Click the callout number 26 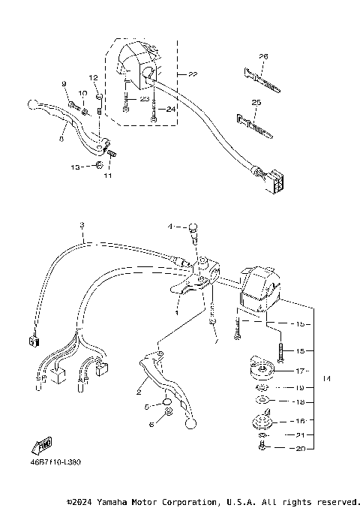(x=263, y=56)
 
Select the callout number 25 (x=256, y=101)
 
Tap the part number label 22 (x=193, y=75)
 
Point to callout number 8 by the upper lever (x=61, y=139)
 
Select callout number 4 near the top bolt (x=170, y=226)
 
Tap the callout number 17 (x=300, y=371)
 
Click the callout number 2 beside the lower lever (x=139, y=391)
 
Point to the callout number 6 (x=150, y=425)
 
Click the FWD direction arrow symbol (x=39, y=447)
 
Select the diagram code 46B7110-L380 (x=54, y=462)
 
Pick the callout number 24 (x=171, y=108)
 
